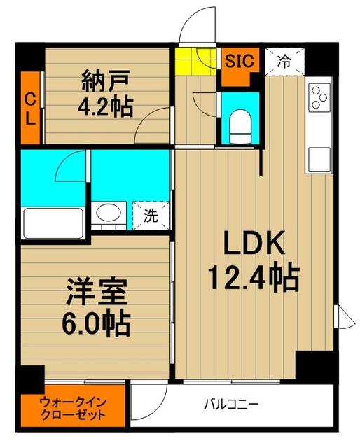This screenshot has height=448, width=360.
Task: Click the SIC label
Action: pos(240,60)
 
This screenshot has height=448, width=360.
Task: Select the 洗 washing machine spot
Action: pos(151,216)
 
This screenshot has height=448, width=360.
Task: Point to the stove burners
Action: pos(319,97)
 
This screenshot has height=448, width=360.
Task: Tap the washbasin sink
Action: pos(107,214)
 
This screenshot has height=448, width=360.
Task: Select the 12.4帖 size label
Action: pos(252,278)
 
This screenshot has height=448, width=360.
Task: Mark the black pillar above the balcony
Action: pos(314,366)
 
